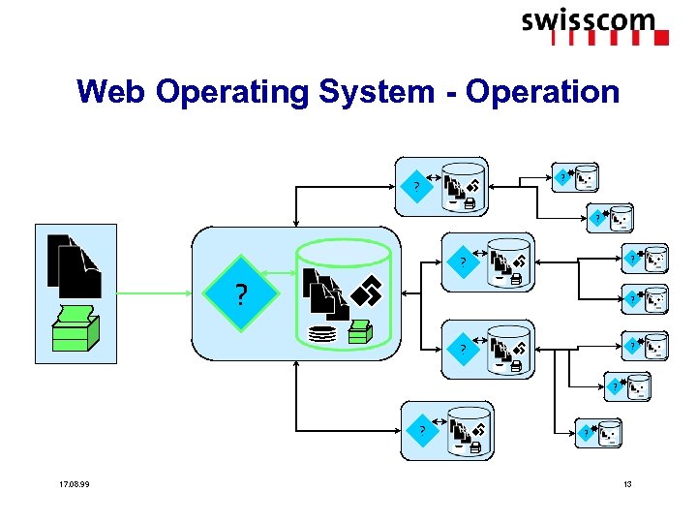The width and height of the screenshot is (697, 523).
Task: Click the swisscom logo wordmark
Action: pos(589,20)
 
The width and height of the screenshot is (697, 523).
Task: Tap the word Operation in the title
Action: pos(542,92)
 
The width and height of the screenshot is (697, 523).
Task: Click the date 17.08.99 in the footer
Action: pos(74,484)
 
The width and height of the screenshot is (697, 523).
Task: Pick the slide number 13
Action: pos(627,484)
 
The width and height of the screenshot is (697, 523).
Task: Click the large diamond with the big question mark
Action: pos(239,293)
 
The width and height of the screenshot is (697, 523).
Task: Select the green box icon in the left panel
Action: pos(76,329)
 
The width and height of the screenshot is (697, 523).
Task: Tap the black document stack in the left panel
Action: pos(74,265)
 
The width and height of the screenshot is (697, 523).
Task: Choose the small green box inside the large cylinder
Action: pos(361,332)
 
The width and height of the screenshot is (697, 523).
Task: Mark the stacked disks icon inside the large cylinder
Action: pos(321,334)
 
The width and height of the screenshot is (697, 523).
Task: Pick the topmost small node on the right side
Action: pos(580,177)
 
